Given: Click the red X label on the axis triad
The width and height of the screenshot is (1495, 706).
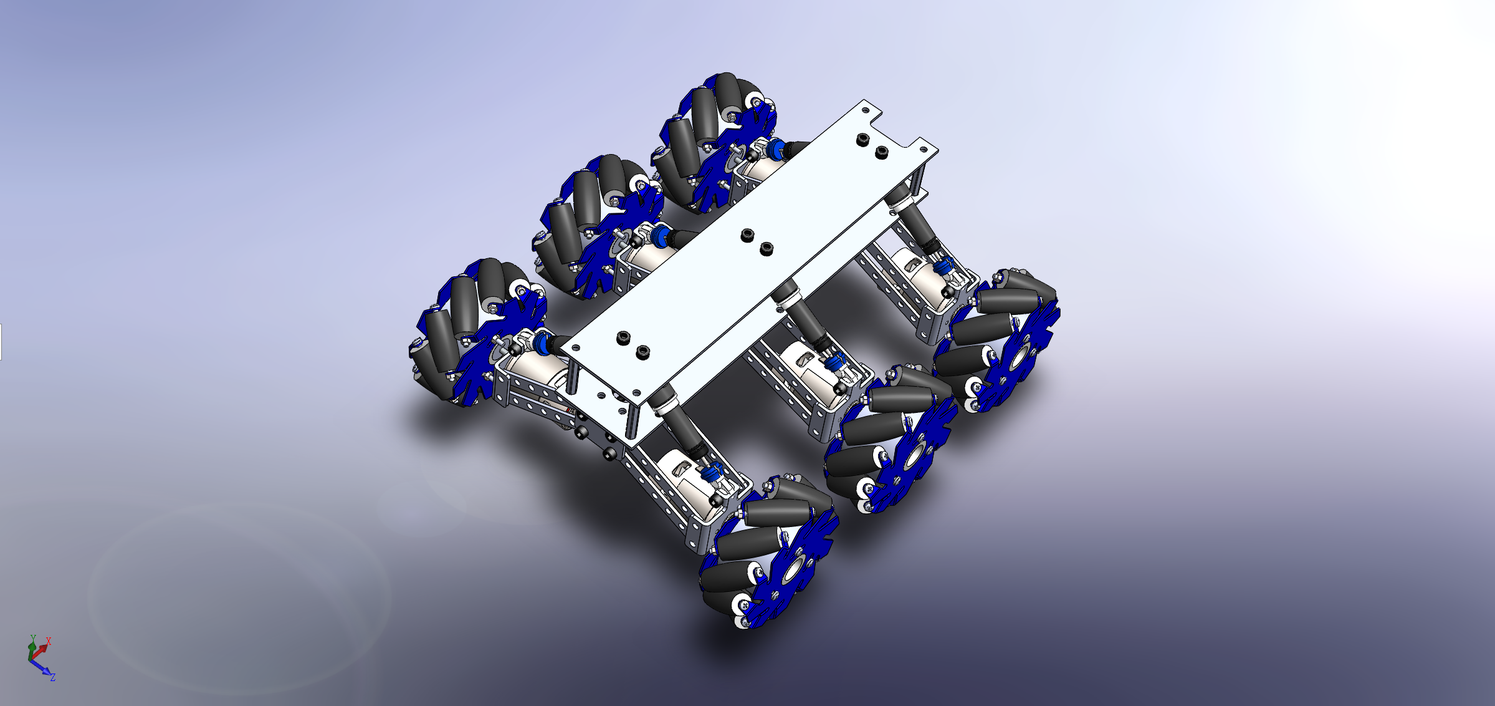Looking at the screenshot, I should pos(49,641).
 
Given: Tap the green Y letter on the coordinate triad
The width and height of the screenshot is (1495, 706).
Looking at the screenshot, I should pos(33,639).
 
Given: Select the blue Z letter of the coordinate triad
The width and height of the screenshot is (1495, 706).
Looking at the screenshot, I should pos(54,677).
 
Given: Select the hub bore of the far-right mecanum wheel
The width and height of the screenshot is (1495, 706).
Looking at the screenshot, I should pos(1018,358).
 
